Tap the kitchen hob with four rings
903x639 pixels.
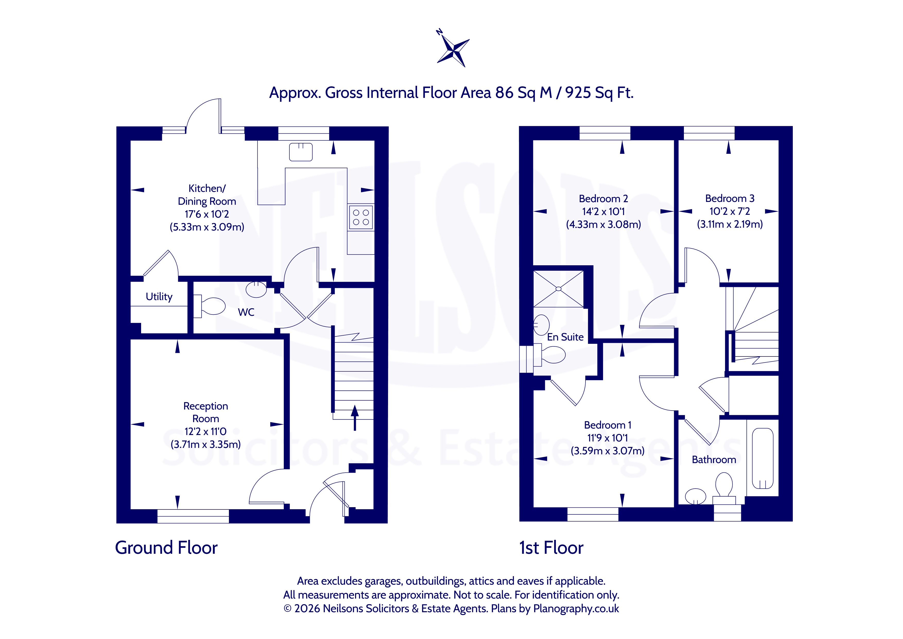tap(361, 217)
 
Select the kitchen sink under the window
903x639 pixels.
tap(301, 152)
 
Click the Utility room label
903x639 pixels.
tap(159, 297)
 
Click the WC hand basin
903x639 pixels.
tap(256, 289)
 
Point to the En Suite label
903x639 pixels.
tap(565, 337)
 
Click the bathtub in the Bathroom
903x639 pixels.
tap(763, 458)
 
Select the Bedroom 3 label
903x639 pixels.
tap(730, 198)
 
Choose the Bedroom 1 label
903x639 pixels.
tap(608, 425)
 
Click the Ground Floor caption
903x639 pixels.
tap(166, 548)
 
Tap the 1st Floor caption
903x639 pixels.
tap(551, 548)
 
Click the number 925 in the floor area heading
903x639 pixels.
tap(578, 93)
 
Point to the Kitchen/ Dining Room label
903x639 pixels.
tap(207, 195)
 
